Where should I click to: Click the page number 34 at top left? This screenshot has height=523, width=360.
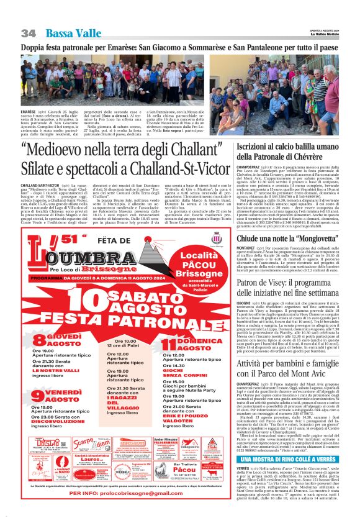point(28,32)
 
